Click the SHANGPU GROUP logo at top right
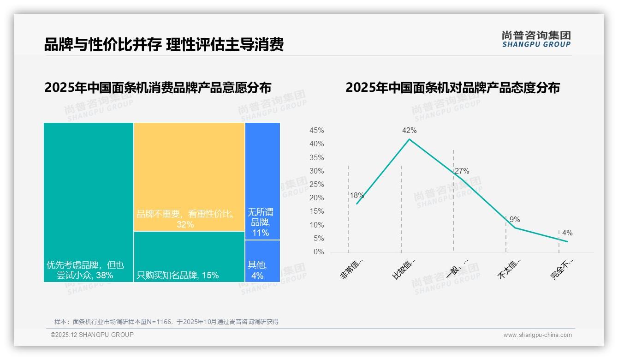click(x=536, y=39)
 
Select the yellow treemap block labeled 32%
click(x=189, y=177)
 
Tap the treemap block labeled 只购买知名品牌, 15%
click(x=189, y=257)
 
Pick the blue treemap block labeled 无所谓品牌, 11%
click(x=262, y=181)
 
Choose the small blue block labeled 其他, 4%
click(x=262, y=261)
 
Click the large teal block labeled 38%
click(x=89, y=202)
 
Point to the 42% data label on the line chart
click(x=409, y=131)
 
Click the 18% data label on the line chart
click(x=357, y=195)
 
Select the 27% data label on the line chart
click(x=462, y=171)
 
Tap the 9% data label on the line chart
click(x=515, y=220)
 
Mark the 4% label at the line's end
click(x=567, y=233)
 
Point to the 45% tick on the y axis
click(x=316, y=131)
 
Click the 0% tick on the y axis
click(x=319, y=252)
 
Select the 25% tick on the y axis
click(x=316, y=185)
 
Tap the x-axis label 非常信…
click(x=352, y=269)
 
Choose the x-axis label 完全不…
click(x=562, y=269)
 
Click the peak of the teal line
click(x=409, y=139)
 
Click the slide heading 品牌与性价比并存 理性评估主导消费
click(x=164, y=44)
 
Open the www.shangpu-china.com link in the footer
click(x=537, y=335)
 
